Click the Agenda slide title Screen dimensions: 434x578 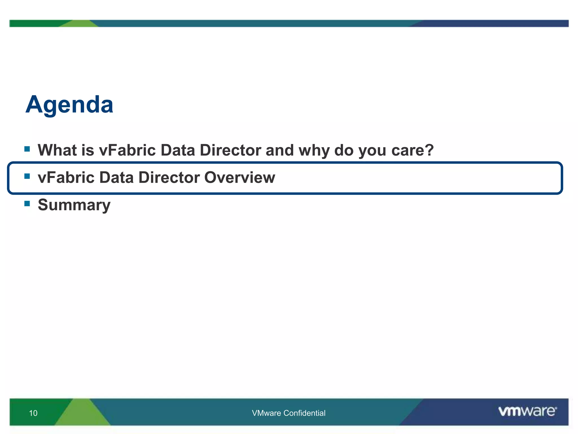click(69, 105)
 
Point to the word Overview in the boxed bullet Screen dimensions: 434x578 click(239, 177)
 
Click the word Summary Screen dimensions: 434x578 click(74, 205)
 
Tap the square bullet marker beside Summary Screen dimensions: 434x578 click(27, 203)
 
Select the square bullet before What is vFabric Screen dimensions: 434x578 click(27, 149)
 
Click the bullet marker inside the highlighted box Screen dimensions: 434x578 click(27, 176)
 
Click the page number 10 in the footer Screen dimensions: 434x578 click(33, 413)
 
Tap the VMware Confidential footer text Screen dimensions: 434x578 click(288, 413)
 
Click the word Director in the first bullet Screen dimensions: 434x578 click(230, 150)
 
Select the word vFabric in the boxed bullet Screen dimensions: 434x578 click(66, 177)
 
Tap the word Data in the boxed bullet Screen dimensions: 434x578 click(116, 177)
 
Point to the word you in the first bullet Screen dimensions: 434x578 click(372, 150)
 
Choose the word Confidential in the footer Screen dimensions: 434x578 click(304, 413)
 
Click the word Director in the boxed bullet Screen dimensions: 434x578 click(169, 177)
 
